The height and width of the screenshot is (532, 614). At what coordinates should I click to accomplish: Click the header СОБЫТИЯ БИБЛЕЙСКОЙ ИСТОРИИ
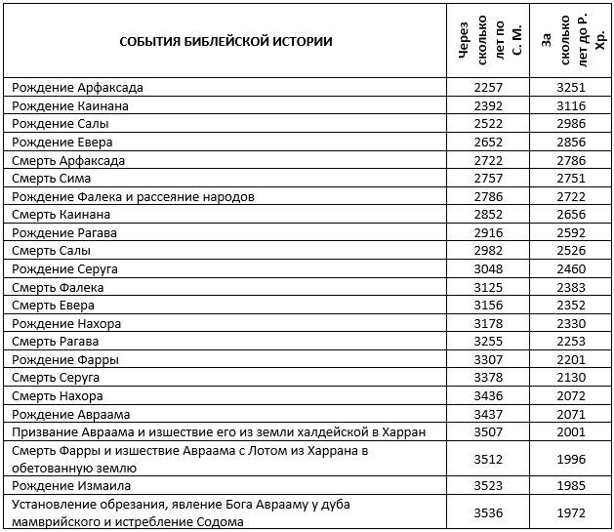225,41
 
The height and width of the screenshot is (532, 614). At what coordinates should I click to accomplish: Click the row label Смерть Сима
54,178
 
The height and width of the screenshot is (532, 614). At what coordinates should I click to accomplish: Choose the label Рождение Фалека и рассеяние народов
133,196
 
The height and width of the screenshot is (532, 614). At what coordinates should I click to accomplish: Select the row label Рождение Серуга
64,268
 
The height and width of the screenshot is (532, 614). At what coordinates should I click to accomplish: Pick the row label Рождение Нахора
66,323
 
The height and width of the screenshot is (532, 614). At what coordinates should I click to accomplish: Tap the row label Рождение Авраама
70,414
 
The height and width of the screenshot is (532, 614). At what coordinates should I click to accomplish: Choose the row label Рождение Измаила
70,485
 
